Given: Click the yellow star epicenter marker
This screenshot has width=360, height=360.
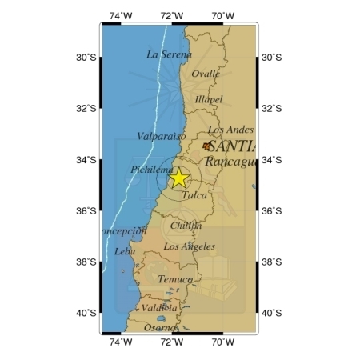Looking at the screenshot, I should point(179,178).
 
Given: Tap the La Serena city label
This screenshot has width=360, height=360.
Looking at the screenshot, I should point(169,54).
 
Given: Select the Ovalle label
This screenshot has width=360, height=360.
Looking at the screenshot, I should point(206,74).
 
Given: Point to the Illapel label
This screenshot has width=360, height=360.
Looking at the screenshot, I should point(210,100).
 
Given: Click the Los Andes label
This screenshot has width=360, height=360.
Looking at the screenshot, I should point(230,130).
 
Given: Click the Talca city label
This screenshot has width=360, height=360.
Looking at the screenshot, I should point(194,195).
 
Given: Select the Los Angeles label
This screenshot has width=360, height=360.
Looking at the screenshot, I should point(189,247).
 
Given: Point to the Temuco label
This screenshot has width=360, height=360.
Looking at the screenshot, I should point(174,279).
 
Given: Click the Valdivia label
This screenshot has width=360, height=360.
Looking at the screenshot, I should point(159,308).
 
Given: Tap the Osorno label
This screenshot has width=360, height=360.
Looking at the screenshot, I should point(160,327).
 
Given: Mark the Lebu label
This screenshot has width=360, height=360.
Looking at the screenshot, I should point(126,251).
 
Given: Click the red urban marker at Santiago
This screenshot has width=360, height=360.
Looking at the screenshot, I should point(207,146).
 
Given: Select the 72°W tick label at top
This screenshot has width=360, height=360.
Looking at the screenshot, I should point(171,14).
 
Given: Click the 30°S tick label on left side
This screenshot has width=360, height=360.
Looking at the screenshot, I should point(86,58).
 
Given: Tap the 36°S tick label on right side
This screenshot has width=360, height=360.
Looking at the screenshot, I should point(272,211).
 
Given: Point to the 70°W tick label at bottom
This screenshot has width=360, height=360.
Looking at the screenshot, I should point(222,342).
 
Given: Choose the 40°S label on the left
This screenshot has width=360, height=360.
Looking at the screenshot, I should point(86,313).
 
